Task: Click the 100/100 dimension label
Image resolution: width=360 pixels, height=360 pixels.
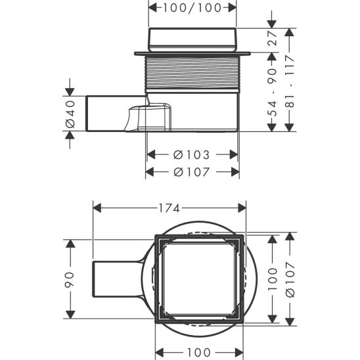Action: tap(191, 8)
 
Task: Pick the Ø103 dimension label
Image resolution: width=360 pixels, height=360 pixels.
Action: tap(191, 155)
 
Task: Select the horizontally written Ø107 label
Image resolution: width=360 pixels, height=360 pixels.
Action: tap(191, 172)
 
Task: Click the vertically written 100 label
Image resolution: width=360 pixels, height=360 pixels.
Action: tap(273, 278)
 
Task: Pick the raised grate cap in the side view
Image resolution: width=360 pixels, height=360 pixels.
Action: tap(191, 39)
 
